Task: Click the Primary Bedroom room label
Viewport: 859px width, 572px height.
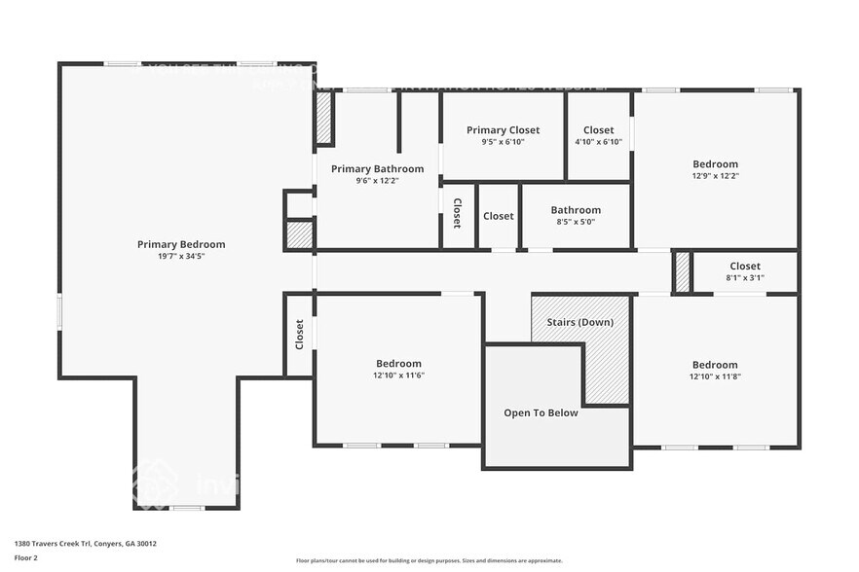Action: (x=181, y=244)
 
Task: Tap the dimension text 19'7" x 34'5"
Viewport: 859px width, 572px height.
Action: (x=181, y=257)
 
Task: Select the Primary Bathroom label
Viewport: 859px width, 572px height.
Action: (x=377, y=168)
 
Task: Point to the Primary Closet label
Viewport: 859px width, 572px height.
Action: (x=503, y=129)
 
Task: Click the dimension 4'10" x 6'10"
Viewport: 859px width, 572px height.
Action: (x=598, y=142)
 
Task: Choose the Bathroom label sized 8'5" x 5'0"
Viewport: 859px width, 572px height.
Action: (x=576, y=209)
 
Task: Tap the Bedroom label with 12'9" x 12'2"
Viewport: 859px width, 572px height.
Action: (x=715, y=164)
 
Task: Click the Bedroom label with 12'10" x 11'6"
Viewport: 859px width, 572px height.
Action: (x=399, y=363)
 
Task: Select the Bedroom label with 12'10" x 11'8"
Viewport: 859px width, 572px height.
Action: (x=715, y=365)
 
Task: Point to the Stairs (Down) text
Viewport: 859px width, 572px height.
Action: (x=579, y=321)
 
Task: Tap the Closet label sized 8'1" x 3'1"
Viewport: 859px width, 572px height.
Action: (x=745, y=266)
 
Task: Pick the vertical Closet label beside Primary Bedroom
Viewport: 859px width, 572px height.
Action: (x=299, y=335)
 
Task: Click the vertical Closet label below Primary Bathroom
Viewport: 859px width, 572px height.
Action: (x=457, y=215)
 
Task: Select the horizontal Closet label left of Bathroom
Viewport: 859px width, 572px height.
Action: (x=498, y=216)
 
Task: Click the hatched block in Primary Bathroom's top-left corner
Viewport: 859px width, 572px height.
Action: (x=323, y=120)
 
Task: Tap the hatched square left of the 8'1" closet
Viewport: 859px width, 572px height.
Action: (x=683, y=271)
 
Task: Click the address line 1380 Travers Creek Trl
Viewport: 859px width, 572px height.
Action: (x=86, y=544)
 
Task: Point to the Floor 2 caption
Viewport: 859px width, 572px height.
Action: (x=26, y=558)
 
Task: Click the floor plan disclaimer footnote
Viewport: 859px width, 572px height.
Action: (x=429, y=560)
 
